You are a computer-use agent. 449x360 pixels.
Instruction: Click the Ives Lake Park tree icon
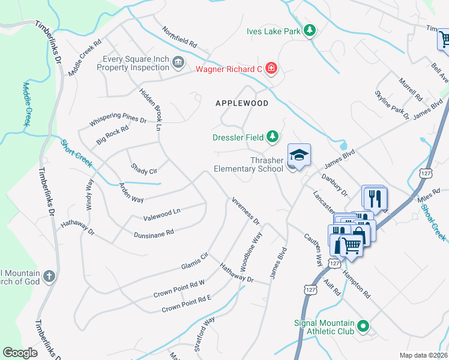tap(309, 30)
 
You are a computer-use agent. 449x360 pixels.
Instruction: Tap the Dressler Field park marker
tap(273, 137)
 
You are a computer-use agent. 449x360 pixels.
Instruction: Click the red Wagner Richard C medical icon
tap(271, 69)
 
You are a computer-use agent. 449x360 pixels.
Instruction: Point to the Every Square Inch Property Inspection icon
tap(178, 62)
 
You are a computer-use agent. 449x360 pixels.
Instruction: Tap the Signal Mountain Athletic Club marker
tap(363, 327)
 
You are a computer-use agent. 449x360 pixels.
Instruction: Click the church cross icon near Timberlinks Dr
tap(50, 277)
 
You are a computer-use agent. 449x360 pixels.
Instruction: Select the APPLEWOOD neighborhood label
tap(242, 103)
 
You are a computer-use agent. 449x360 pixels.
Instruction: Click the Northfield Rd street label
tap(179, 37)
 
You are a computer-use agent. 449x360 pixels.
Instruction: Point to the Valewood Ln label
tap(161, 213)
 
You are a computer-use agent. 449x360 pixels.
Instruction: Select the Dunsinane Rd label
tap(154, 232)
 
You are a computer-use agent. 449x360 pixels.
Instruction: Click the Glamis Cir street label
tap(194, 260)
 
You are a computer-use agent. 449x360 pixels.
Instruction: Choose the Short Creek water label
tap(76, 154)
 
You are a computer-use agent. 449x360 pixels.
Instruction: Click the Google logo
tap(20, 352)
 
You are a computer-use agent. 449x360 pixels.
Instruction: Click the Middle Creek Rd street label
tap(85, 58)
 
